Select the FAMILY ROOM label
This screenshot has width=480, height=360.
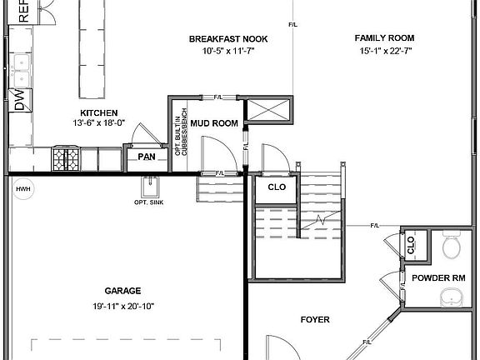tap(384, 38)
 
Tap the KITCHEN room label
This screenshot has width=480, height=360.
tap(98, 112)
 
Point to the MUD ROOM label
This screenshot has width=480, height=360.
tap(214, 124)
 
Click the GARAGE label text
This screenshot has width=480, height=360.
tap(122, 292)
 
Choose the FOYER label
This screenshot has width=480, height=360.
tap(315, 319)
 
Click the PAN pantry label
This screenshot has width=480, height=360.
tap(147, 157)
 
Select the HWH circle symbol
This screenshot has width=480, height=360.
tap(22, 189)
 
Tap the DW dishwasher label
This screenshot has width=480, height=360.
tap(20, 100)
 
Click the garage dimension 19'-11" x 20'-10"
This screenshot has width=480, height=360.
tap(122, 306)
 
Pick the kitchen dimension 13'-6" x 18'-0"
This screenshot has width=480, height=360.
tap(98, 123)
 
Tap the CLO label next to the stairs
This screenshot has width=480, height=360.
tap(277, 187)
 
